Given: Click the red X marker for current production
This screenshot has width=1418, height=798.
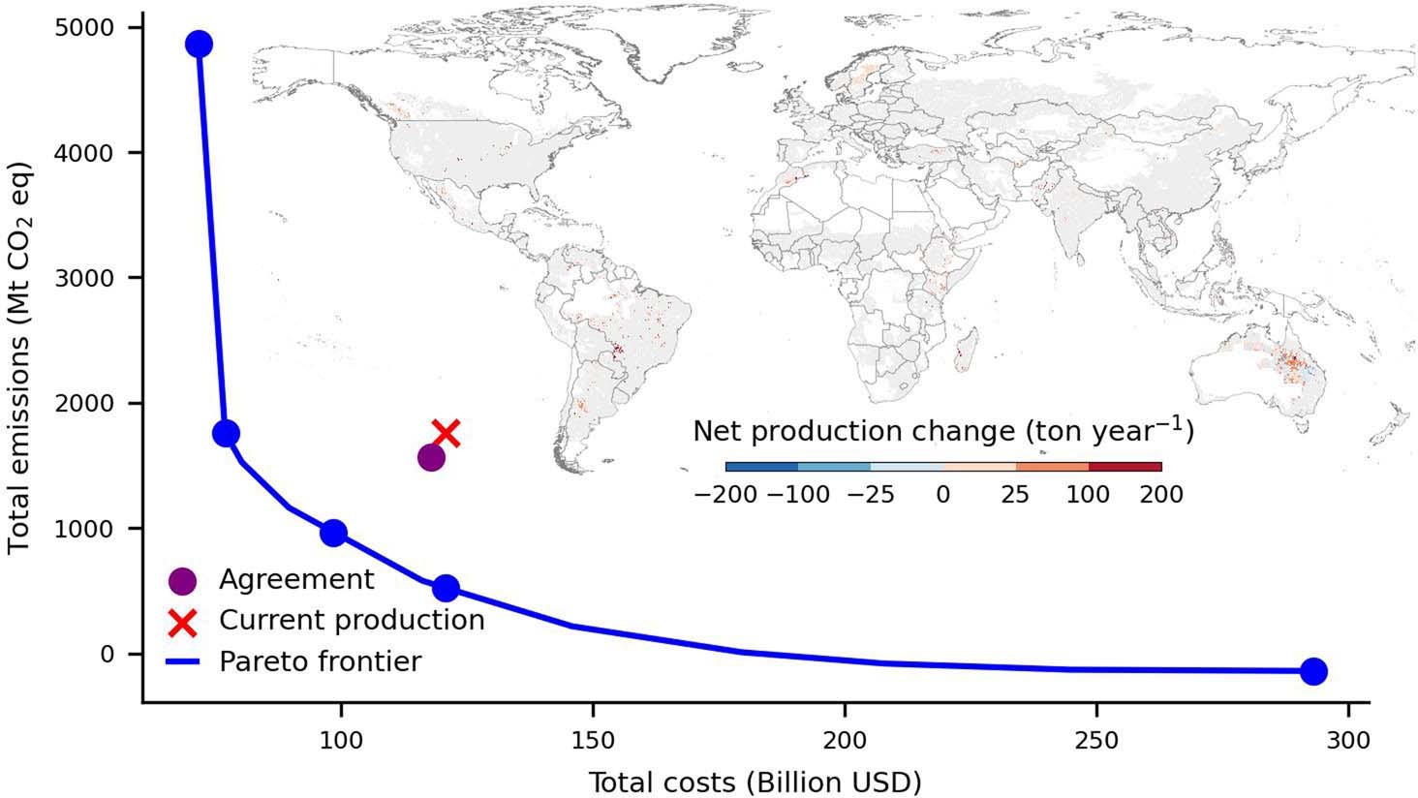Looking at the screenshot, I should (x=446, y=433).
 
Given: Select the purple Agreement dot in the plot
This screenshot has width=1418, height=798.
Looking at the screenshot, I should (x=432, y=458).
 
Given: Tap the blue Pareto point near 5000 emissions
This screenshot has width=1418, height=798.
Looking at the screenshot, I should (x=199, y=45).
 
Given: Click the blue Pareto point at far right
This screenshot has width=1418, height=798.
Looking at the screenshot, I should (x=1312, y=671).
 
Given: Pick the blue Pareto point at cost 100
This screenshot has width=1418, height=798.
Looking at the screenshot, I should (x=333, y=533).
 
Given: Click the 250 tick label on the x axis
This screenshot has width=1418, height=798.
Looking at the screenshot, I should (x=1096, y=740).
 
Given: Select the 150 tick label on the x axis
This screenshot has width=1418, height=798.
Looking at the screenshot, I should (x=593, y=740).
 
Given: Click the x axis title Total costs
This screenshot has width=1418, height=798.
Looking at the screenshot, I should (x=755, y=781).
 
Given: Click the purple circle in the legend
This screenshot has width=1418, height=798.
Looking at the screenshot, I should (x=182, y=581).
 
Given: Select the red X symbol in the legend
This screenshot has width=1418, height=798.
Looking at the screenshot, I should (x=182, y=622).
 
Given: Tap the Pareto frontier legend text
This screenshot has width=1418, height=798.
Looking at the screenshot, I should (x=320, y=661).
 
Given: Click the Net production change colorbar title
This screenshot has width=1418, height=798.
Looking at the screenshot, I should (x=942, y=431).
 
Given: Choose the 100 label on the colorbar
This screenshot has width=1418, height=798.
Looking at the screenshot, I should (x=1088, y=495).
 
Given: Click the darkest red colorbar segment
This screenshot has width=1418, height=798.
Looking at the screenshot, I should (x=1125, y=467).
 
